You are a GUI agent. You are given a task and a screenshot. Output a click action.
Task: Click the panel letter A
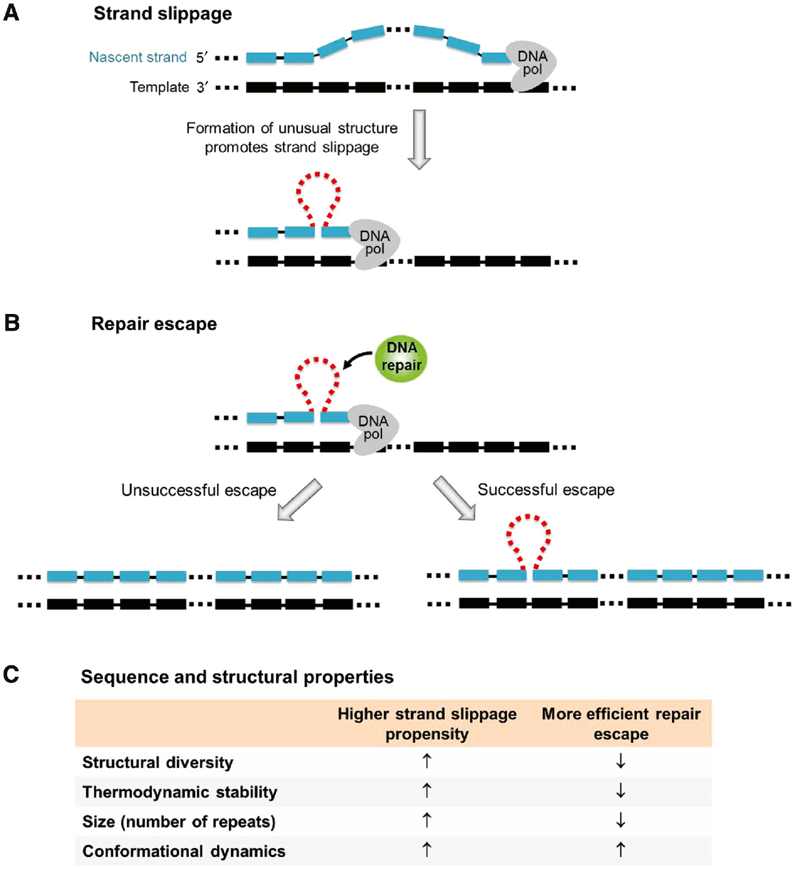pyautogui.click(x=11, y=12)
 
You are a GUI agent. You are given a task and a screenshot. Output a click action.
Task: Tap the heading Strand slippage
pyautogui.click(x=163, y=13)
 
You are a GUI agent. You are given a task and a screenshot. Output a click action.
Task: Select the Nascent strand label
pyautogui.click(x=137, y=57)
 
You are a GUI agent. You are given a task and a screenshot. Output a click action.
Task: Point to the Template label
pyautogui.click(x=159, y=87)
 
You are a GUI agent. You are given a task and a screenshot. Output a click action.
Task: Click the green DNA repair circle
pyautogui.click(x=401, y=359)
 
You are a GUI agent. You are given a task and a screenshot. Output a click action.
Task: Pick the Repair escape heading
pyautogui.click(x=154, y=323)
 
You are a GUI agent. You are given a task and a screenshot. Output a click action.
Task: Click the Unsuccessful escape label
pyautogui.click(x=198, y=490)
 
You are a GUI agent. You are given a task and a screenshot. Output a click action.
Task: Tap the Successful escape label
pyautogui.click(x=546, y=489)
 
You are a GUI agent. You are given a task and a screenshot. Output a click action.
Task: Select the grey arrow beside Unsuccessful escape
pyautogui.click(x=300, y=500)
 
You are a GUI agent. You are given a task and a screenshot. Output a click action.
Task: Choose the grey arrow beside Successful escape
pyautogui.click(x=454, y=498)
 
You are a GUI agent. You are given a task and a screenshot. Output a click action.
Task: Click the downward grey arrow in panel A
pyautogui.click(x=419, y=139)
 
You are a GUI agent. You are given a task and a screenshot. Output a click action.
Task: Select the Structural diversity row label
pyautogui.click(x=158, y=762)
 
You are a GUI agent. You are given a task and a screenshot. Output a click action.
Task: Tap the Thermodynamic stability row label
pyautogui.click(x=179, y=792)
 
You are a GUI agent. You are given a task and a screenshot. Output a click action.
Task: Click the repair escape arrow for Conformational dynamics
pyautogui.click(x=621, y=850)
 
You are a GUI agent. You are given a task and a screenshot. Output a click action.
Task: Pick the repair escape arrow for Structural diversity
pyautogui.click(x=621, y=761)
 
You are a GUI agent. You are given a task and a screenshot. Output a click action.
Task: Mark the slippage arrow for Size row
pyautogui.click(x=427, y=820)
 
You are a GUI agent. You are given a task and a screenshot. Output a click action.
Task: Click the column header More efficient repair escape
pyautogui.click(x=621, y=724)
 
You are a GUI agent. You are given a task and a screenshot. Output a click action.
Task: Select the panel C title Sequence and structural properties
pyautogui.click(x=237, y=677)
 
